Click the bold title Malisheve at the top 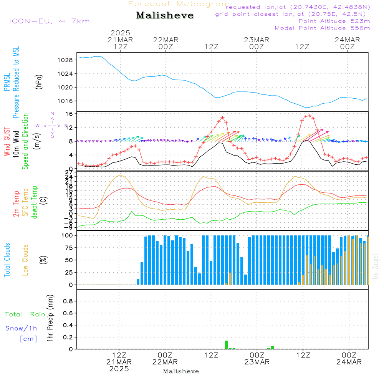[x=165, y=16]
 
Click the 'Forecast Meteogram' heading [x=179, y=4]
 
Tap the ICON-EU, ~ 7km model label [x=49, y=21]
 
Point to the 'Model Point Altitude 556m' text [x=322, y=28]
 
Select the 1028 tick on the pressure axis [x=66, y=60]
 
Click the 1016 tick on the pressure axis [x=66, y=101]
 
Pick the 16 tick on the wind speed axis [x=69, y=114]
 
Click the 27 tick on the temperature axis [x=69, y=172]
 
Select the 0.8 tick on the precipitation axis [x=68, y=301]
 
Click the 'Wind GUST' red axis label [x=7, y=142]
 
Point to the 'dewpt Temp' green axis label [x=35, y=202]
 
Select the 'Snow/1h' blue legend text [x=22, y=329]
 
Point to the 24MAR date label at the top [x=348, y=40]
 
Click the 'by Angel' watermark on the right [x=376, y=266]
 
